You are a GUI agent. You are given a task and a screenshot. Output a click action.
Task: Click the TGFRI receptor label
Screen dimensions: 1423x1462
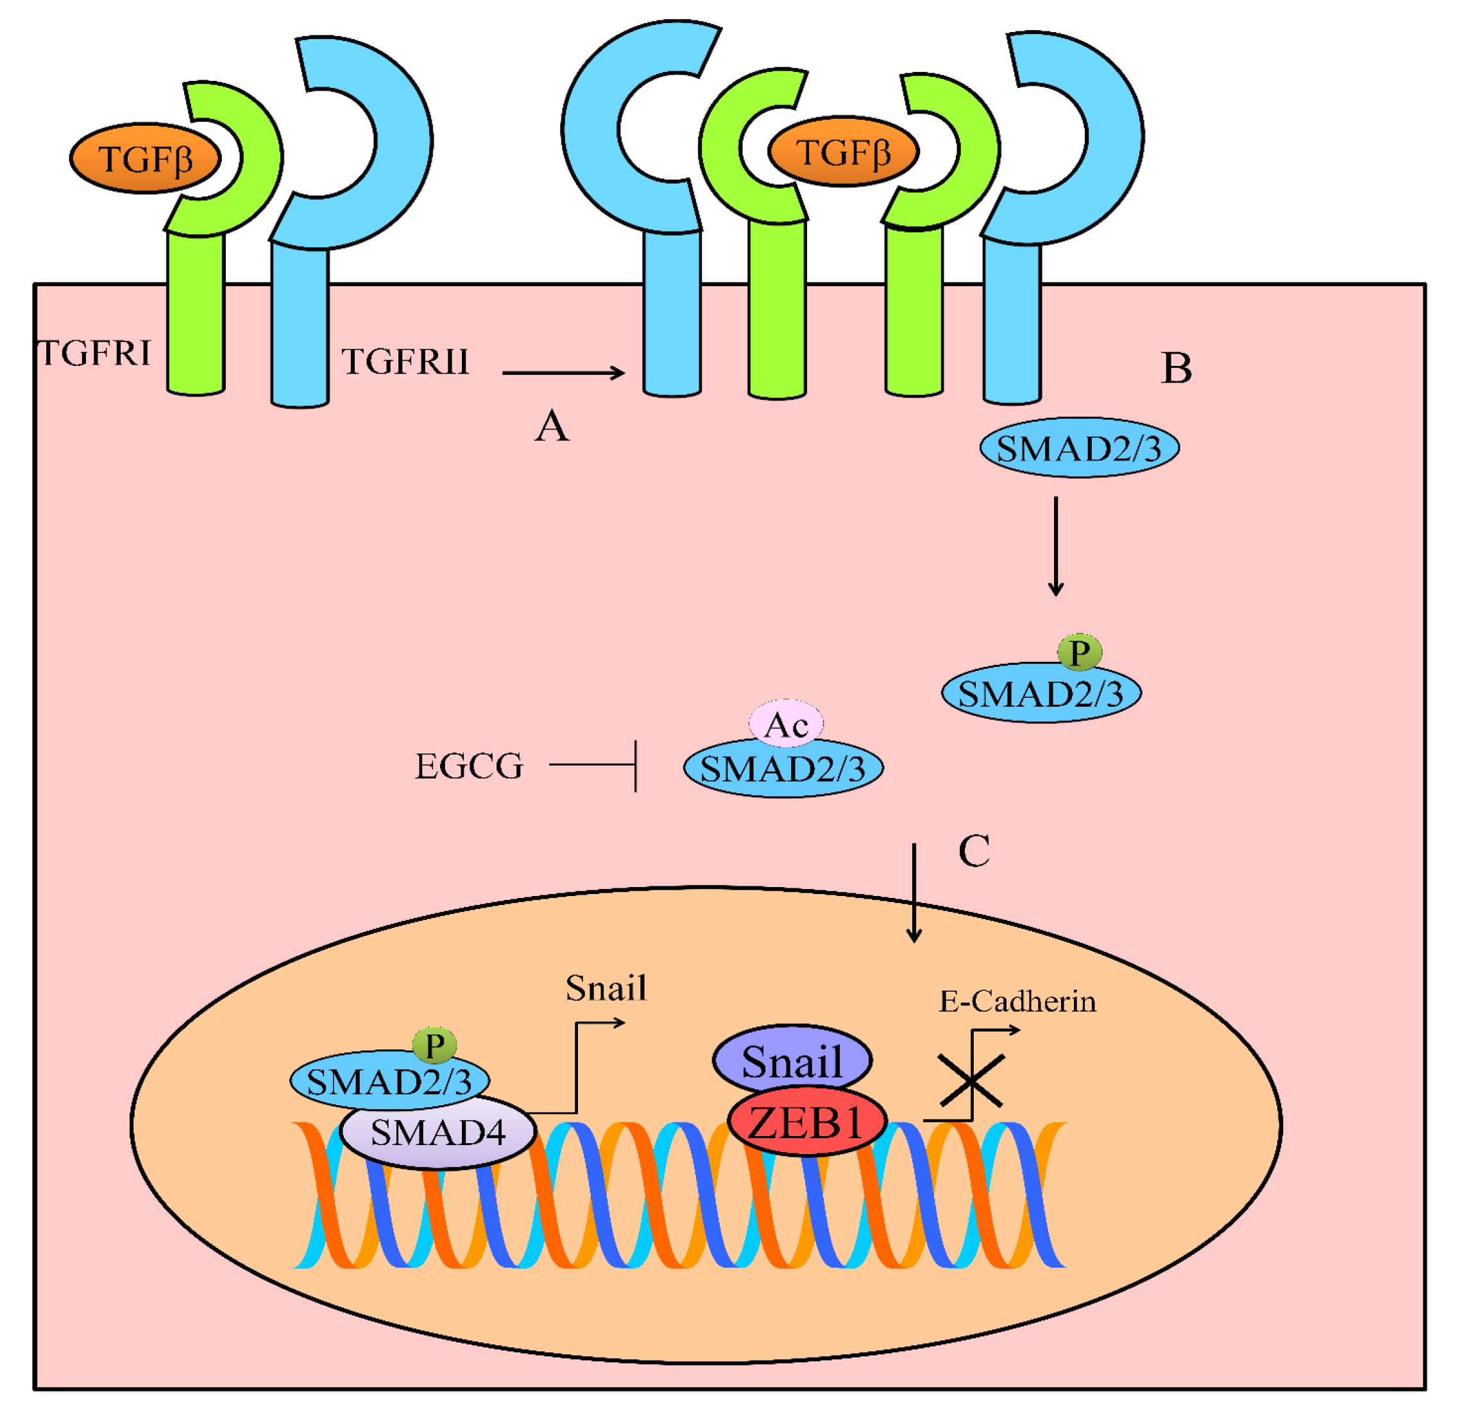95,353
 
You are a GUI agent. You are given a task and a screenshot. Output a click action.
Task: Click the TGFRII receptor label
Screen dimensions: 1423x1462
405,362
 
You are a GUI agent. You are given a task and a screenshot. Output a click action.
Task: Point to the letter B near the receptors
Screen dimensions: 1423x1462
1176,368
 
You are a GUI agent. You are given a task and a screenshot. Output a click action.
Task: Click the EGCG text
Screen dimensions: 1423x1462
468,766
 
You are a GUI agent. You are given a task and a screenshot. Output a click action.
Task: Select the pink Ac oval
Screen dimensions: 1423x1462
786,723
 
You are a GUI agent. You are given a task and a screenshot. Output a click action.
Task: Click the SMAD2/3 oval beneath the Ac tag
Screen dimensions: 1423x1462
783,770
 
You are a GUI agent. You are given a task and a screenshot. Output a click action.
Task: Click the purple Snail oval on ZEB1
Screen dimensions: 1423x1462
792,1061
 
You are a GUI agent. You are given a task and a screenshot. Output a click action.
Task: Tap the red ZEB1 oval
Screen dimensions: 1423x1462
807,1123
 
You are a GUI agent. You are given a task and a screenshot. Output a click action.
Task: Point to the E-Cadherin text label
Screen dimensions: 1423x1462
1017,1001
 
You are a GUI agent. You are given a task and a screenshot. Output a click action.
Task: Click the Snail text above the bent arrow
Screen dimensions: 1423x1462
606,988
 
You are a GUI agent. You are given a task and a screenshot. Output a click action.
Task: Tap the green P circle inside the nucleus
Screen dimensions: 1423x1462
434,1044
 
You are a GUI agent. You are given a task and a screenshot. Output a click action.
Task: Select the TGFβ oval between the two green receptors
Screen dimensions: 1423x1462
843,151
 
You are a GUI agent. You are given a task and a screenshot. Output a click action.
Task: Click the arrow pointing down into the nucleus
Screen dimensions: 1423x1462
914,893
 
